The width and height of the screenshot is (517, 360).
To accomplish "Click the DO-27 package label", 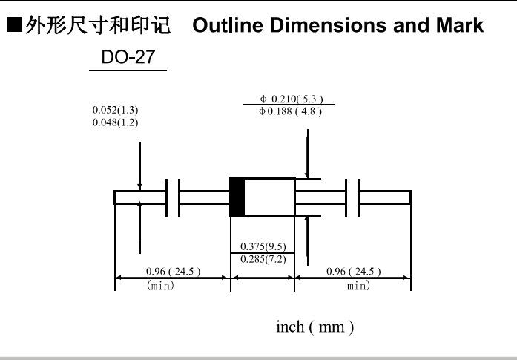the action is tap(128, 56).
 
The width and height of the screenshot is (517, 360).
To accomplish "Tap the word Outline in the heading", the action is tap(228, 25).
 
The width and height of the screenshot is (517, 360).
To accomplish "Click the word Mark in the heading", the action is tap(460, 25).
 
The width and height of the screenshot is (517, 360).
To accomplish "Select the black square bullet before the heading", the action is tap(14, 24).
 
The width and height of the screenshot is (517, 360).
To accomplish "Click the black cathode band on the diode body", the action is tap(237, 197).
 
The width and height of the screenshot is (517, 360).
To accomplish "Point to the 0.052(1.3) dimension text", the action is tap(116, 110).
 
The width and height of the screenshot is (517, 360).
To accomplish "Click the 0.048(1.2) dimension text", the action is tap(116, 122).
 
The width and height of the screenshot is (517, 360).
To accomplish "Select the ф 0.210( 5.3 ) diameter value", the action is tap(292, 99).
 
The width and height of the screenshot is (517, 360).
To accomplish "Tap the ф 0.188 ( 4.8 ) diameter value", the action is tap(290, 111).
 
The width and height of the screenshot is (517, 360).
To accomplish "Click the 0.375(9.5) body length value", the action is tap(263, 246).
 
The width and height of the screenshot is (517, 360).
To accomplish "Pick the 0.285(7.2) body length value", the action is tap(263, 259).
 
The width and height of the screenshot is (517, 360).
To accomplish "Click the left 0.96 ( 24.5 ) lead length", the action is tap(173, 271).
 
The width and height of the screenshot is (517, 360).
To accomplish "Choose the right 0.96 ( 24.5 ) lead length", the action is tap(354, 271).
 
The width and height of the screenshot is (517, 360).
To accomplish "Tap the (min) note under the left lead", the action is tap(160, 285).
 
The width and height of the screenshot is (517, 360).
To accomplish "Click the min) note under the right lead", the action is tap(358, 285).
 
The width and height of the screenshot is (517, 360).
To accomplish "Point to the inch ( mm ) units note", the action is tap(315, 327).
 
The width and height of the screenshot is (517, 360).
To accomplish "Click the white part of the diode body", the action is tap(270, 197).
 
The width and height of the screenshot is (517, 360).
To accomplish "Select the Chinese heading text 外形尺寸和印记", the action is tap(98, 25).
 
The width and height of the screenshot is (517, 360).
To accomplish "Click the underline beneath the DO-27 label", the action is tap(128, 71).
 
